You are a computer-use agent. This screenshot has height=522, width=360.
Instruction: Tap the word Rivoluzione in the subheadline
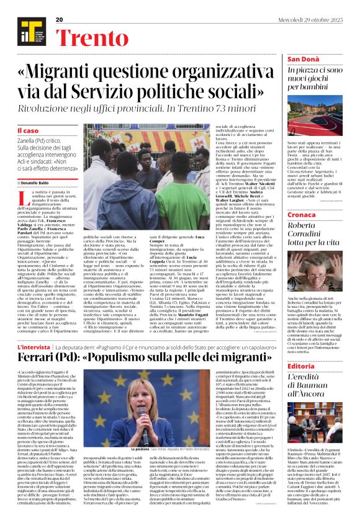pyautogui.click(x=63, y=110)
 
